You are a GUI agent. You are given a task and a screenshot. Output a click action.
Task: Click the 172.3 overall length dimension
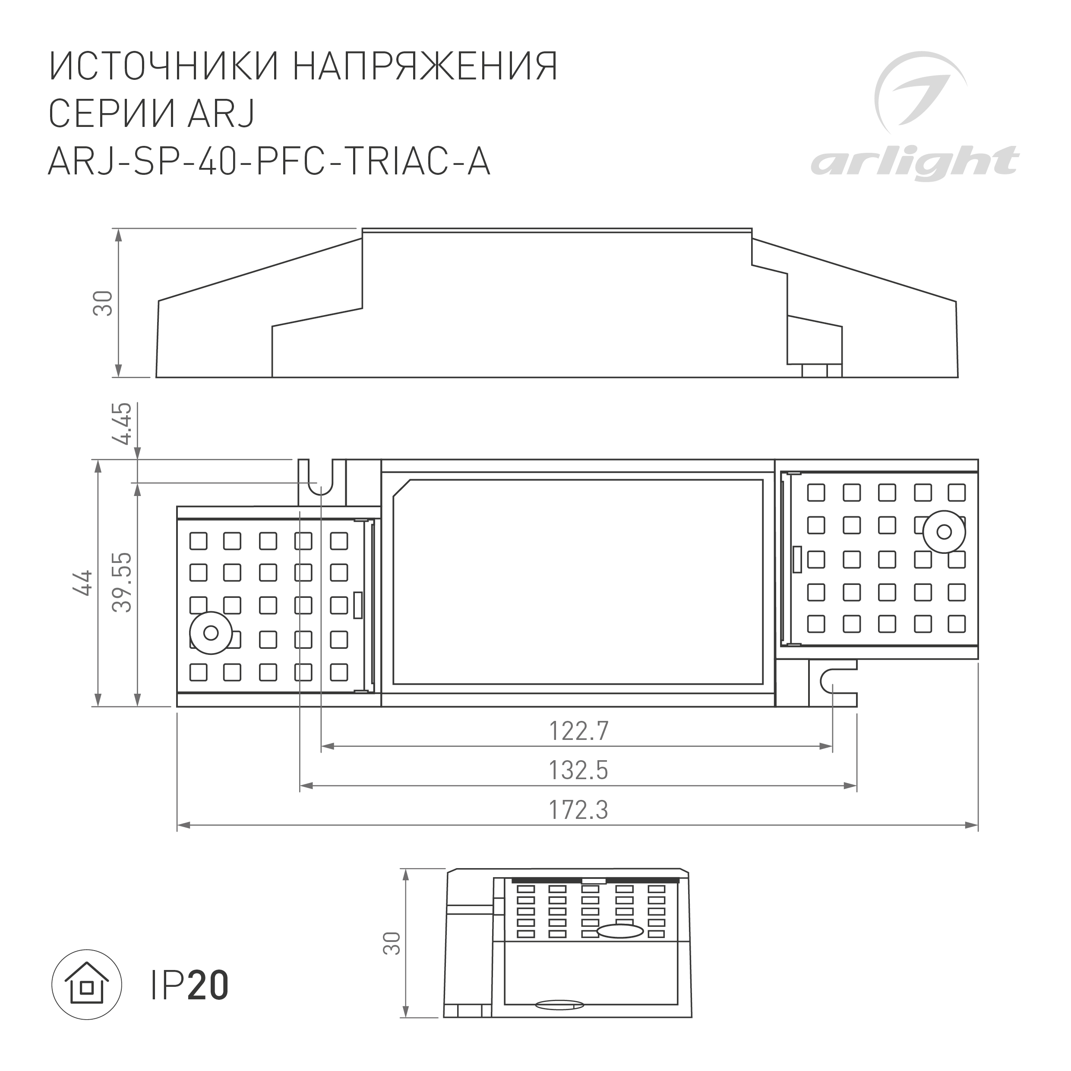point(578,810)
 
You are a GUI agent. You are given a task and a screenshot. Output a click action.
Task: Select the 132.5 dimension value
point(578,770)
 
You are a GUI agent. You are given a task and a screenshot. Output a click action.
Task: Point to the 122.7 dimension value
point(578,731)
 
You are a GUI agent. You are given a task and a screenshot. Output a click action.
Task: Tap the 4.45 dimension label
point(123,423)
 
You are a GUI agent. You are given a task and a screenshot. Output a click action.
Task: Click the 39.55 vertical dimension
point(123,582)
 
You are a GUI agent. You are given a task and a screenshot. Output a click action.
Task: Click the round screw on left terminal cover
point(211,632)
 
